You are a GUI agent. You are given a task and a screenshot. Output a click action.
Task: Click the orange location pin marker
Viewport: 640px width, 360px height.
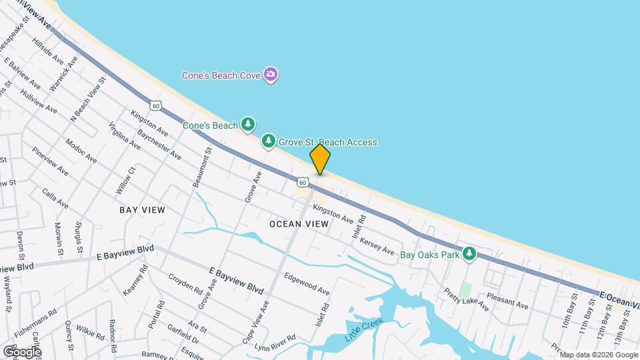320,159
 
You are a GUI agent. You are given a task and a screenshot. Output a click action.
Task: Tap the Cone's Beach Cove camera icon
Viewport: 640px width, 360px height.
271,74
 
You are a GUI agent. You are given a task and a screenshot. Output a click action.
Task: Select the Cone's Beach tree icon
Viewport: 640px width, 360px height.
248,124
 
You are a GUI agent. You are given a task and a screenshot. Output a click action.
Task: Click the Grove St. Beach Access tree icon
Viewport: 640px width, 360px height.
268,141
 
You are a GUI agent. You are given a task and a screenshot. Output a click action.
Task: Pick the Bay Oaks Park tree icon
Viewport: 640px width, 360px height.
470,253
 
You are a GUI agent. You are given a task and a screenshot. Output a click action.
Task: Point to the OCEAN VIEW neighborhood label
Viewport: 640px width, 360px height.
299,224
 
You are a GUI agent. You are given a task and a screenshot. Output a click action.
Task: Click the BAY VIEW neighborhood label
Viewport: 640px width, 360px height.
142,209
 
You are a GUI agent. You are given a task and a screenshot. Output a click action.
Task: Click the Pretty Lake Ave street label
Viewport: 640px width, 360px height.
466,299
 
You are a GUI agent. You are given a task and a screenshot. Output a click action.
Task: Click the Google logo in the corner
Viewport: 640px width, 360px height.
22,351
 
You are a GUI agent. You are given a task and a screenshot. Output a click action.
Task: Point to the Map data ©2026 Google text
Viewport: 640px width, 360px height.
598,355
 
